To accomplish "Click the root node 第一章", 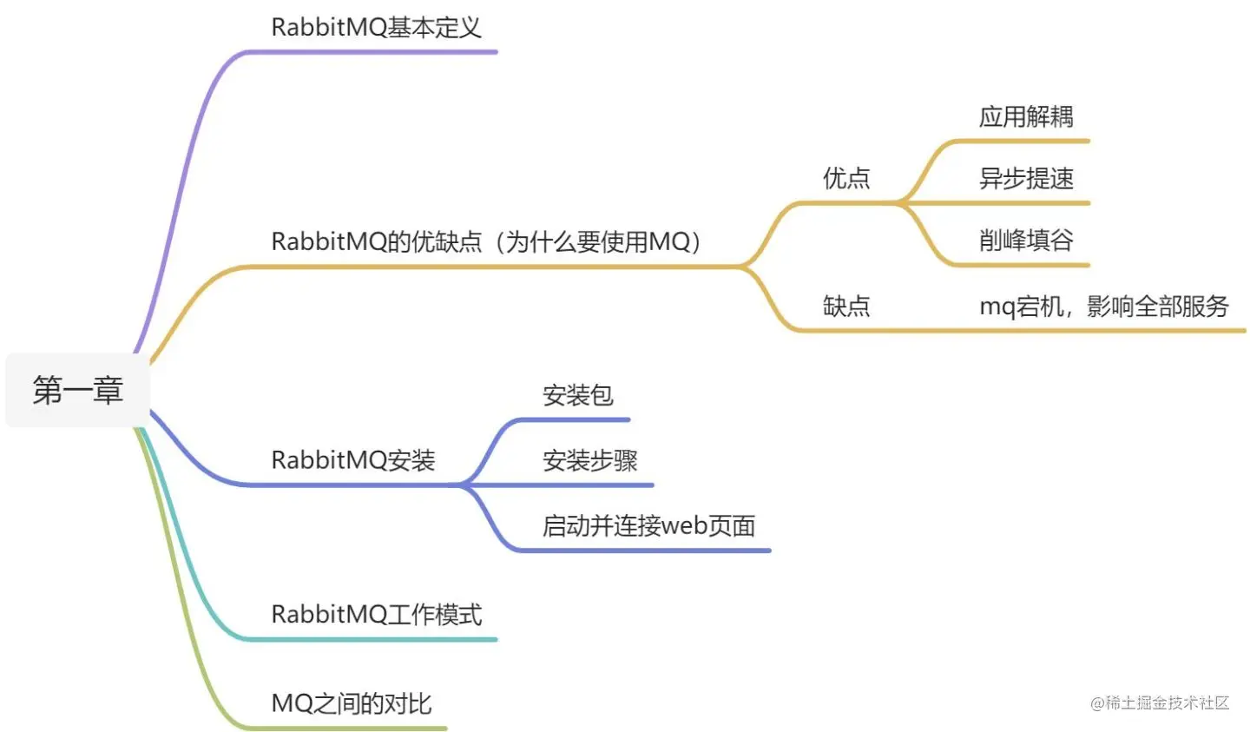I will [77, 390].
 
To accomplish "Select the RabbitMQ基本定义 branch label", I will [376, 27].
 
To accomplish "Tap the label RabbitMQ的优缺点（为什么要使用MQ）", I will [486, 241].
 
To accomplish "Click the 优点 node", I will [845, 179].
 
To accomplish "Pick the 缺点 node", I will [845, 306].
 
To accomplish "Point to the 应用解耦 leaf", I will [1026, 116].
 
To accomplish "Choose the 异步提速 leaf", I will [1026, 179].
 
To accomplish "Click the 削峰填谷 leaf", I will [1026, 241].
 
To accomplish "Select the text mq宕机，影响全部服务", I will [1104, 306].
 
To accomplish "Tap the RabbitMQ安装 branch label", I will [352, 459].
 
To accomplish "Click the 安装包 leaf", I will [577, 396].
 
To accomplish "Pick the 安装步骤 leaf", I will [589, 460].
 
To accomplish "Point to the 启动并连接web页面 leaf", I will [648, 525].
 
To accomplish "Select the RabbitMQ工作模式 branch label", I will [376, 615].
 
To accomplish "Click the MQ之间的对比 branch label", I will [351, 703].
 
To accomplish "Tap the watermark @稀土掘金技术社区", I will [1160, 702].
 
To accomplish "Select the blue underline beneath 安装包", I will [577, 420].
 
